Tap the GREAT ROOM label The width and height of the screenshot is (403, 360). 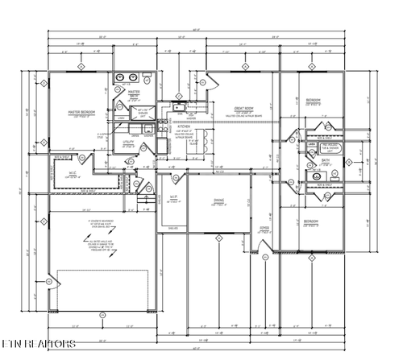(245, 109)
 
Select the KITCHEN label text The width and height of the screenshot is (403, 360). (184, 127)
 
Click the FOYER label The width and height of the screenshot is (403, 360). (264, 228)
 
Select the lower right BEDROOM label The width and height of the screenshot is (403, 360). (311, 221)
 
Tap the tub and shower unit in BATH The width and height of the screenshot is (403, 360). (330, 148)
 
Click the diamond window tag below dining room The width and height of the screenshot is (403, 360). (218, 237)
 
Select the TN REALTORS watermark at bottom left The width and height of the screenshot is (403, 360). (39, 345)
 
